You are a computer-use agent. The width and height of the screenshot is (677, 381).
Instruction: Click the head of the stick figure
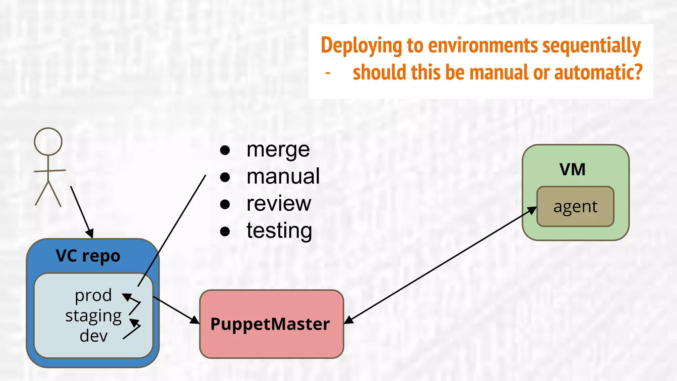[x=48, y=142]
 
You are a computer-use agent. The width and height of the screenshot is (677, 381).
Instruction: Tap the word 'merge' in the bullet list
[x=278, y=150]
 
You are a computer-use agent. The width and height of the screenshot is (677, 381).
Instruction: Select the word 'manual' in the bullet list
[x=283, y=177]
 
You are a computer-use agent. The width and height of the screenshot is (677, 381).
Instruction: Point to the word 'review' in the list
[x=279, y=203]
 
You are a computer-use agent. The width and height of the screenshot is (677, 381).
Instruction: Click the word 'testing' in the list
[x=279, y=231]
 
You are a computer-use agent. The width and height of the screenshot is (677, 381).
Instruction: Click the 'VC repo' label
[x=88, y=256]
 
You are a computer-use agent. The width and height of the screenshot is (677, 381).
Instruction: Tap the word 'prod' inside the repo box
[x=93, y=295]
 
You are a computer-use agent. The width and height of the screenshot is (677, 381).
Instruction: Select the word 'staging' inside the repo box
[x=94, y=316]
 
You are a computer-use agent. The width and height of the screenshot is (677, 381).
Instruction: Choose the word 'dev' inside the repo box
[x=94, y=336]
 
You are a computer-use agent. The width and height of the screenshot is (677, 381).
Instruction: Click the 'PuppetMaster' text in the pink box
[x=270, y=324]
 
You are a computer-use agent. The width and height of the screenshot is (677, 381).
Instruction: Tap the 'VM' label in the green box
[x=572, y=170]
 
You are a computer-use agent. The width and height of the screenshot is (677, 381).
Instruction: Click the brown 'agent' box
[x=575, y=207]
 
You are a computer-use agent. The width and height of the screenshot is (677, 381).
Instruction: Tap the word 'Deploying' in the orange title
[x=361, y=46]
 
